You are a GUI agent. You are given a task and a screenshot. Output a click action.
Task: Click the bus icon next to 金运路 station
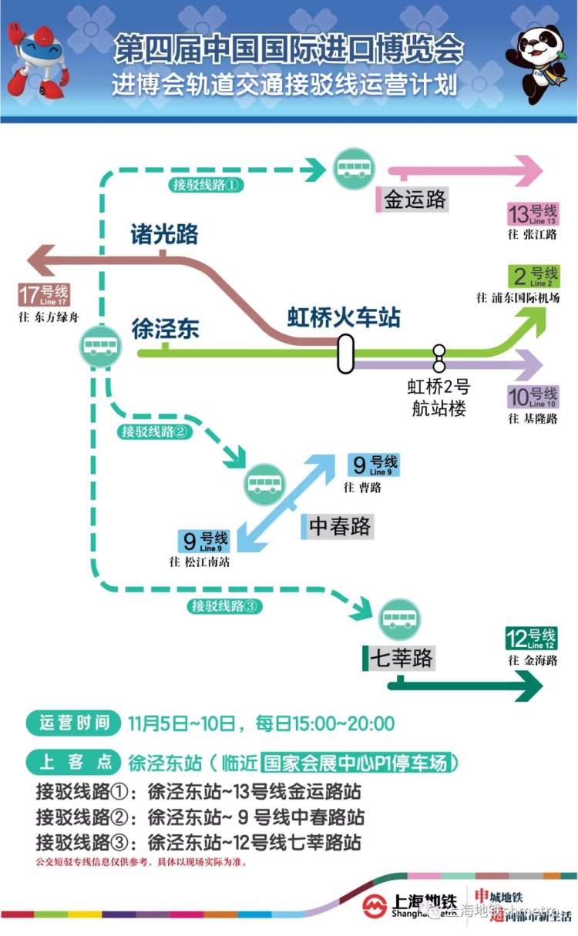(354, 169)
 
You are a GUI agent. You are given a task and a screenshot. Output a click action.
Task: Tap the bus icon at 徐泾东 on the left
(100, 346)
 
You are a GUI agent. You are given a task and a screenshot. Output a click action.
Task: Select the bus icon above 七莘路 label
(399, 619)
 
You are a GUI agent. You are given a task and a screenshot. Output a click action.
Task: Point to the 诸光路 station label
(164, 233)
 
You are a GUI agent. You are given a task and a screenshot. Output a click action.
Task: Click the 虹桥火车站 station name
(344, 317)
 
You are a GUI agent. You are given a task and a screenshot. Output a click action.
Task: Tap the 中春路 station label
(340, 526)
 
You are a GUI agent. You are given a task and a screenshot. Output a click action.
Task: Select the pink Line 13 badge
(532, 213)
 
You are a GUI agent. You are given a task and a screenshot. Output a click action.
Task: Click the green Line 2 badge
(532, 276)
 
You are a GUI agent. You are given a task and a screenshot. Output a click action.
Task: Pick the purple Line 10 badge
(532, 398)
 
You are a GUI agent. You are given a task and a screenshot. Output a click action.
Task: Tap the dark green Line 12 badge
(531, 639)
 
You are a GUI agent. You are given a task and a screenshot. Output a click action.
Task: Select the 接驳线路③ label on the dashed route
(224, 606)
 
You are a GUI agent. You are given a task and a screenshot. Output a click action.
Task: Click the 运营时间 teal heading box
(74, 723)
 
